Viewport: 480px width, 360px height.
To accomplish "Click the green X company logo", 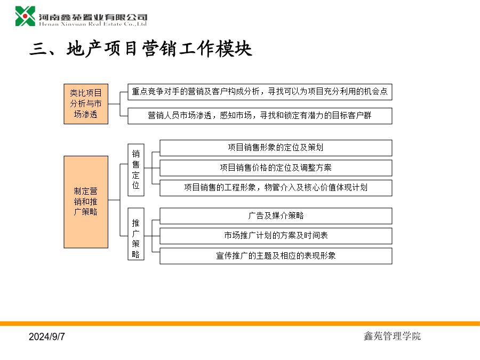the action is [26, 16].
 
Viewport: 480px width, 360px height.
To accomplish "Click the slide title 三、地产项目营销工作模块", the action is [141, 49].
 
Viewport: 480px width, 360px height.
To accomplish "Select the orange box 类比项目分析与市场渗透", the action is [86, 104].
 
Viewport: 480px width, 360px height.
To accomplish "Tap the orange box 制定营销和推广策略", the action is [86, 202].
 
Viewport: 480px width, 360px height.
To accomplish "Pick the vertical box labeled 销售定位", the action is [136, 170].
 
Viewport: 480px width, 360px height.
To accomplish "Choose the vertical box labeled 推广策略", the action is [136, 234].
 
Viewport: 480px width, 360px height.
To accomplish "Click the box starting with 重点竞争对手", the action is [260, 92].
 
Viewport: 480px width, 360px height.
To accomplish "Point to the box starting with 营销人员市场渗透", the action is [260, 116].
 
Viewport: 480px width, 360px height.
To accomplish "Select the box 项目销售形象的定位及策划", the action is [276, 148].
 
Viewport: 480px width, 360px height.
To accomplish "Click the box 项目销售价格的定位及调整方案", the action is [276, 168].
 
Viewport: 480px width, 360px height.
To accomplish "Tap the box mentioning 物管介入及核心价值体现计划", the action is [276, 188].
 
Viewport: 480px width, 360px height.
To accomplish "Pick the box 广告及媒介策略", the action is [276, 216].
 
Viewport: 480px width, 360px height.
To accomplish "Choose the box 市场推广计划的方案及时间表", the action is [276, 236].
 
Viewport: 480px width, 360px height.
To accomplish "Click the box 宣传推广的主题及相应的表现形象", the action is [276, 256].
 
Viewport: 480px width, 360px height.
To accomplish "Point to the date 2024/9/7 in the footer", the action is [47, 337].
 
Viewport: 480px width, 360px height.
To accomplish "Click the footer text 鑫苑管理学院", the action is [392, 336].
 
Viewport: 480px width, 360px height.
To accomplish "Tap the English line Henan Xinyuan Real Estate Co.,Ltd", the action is [93, 24].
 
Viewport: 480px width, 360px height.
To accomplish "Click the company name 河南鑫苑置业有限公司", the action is [93, 17].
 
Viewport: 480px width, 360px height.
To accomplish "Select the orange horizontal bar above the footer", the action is [240, 324].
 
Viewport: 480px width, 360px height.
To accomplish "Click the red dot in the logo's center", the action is [25, 16].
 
